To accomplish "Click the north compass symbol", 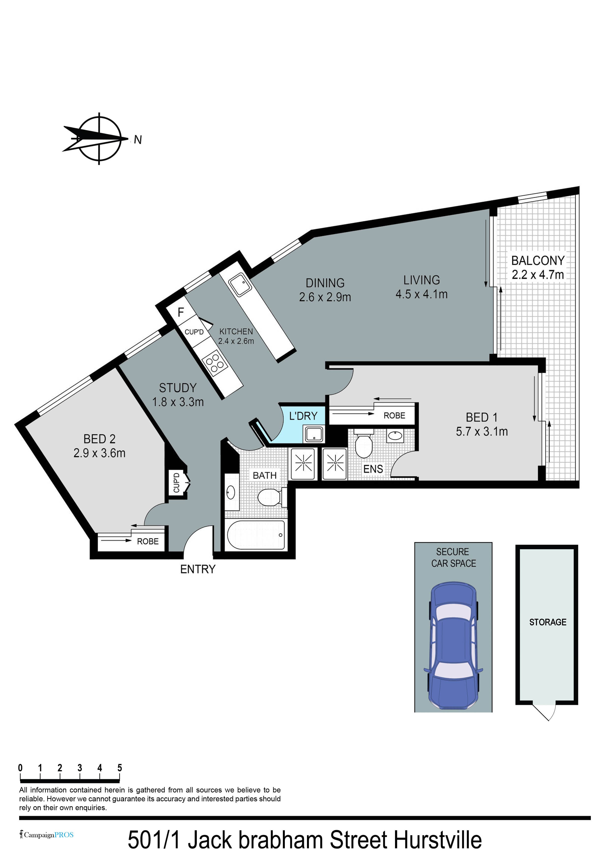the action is click(100, 139).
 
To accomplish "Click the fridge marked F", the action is click(181, 312).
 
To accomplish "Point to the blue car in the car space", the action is click(453, 646).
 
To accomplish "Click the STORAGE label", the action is click(548, 622).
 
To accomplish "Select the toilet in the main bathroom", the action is click(270, 497).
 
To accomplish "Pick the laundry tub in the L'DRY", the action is click(314, 434).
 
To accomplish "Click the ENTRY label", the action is click(198, 569).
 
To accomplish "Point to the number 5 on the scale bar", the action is click(120, 768).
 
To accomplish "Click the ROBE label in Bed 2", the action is click(148, 541).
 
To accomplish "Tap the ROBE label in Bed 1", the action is click(394, 416).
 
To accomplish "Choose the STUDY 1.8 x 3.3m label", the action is click(178, 395).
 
